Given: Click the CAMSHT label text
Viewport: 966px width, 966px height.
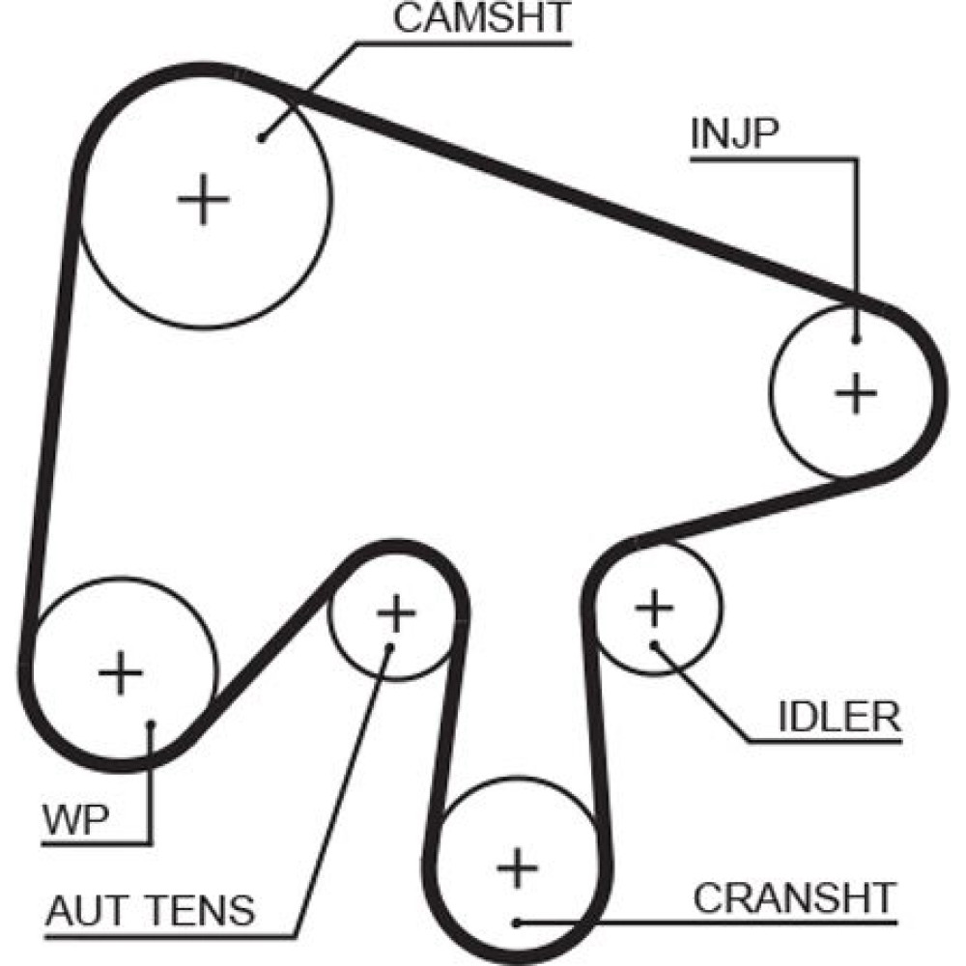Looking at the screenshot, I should point(483,19).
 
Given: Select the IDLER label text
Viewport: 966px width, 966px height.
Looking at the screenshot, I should point(839,717).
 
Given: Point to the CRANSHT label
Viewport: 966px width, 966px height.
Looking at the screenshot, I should point(795,898).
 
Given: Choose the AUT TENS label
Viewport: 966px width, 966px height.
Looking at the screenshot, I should point(150,909).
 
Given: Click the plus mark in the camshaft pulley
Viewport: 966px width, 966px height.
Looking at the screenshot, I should point(204,200).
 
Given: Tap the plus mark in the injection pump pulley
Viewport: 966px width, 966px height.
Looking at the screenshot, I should point(855,393).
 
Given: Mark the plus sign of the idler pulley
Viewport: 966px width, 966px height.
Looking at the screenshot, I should point(654,609).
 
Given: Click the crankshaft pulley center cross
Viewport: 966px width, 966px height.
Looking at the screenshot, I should point(517,870).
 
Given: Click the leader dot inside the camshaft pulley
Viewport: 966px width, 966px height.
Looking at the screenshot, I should point(263,137).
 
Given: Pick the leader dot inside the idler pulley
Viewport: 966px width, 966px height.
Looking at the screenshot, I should point(654,644).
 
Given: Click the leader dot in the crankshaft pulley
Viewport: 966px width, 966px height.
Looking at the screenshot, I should point(518,923).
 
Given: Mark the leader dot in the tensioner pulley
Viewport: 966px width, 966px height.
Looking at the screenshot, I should point(389,646).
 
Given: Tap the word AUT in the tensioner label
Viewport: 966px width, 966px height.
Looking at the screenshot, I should point(83,909).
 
